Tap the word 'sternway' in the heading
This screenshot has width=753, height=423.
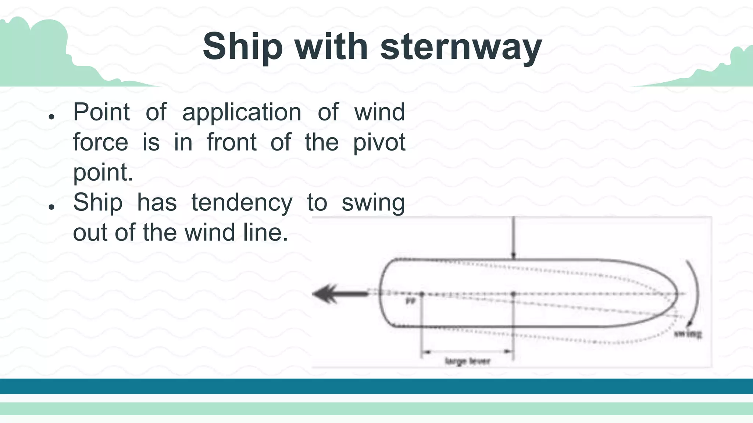pos(461,47)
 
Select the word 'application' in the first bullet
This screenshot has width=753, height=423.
pos(242,112)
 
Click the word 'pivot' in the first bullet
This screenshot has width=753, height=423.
pos(379,142)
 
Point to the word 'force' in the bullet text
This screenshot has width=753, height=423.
pos(100,142)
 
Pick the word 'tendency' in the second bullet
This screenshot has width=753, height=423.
pos(242,203)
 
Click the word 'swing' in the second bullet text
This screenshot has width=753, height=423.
pos(373,203)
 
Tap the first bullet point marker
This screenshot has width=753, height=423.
pos(51,117)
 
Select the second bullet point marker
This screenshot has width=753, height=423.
pos(51,207)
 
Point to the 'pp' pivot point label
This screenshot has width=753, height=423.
pos(410,301)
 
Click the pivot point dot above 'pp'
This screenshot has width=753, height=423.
pos(422,294)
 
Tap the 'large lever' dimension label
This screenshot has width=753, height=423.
pos(467,361)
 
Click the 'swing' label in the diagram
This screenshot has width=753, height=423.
pos(688,334)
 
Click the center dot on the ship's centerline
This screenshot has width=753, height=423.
pos(514,294)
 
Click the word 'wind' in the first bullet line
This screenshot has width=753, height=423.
pos(379,112)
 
